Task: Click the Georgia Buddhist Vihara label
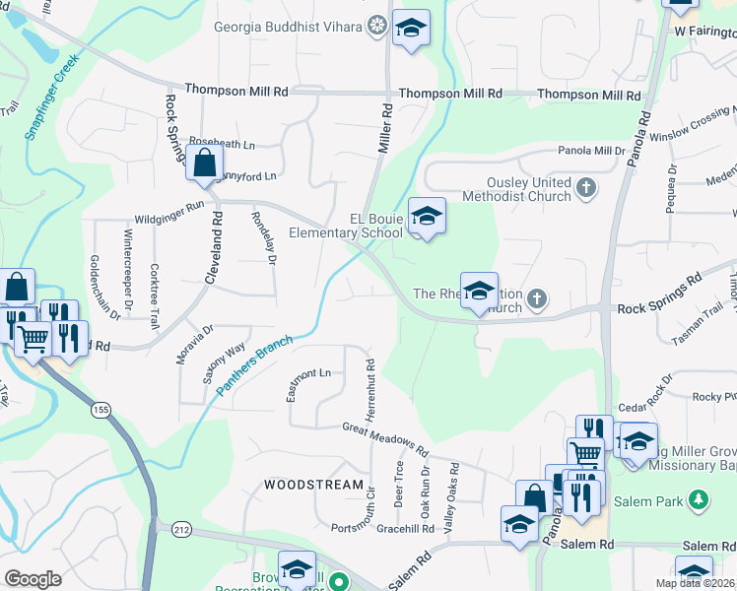[x=289, y=26]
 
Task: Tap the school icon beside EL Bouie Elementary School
[x=427, y=216]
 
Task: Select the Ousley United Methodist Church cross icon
[x=586, y=187]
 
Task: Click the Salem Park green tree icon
[x=699, y=501]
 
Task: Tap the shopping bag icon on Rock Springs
[x=204, y=164]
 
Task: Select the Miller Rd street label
[x=385, y=130]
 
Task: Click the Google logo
[x=33, y=578]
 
